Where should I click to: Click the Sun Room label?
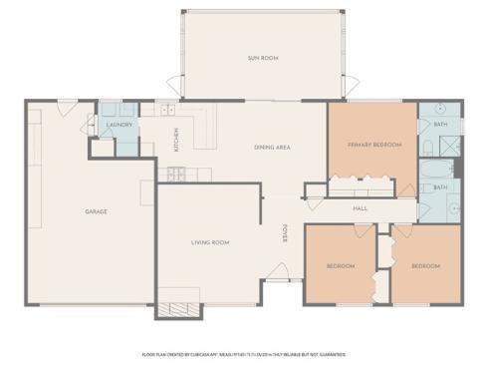[263, 59]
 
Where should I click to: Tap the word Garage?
[96, 211]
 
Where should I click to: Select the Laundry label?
[120, 125]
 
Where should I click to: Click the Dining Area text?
[271, 148]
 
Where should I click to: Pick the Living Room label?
[210, 242]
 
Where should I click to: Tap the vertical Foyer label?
[284, 233]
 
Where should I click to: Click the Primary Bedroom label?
[373, 145]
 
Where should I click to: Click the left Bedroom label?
[341, 266]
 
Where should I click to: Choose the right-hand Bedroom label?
[425, 266]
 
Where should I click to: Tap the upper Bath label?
[440, 125]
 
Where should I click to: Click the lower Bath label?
[440, 186]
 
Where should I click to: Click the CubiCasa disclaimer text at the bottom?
[244, 353]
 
